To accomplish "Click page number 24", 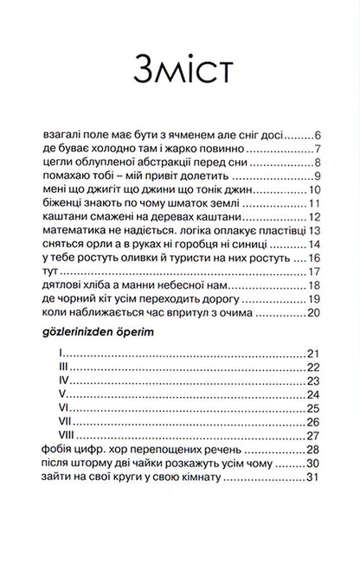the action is click(315, 394).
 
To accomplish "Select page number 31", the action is click(315, 476).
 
